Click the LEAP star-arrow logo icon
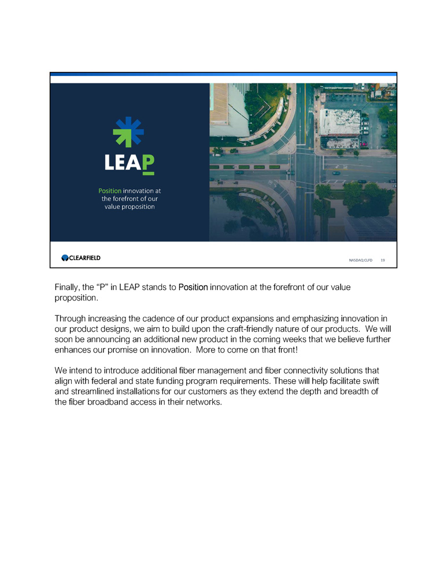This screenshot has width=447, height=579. click(128, 131)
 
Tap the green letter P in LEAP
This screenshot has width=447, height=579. click(148, 163)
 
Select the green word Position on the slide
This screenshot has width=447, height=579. click(110, 190)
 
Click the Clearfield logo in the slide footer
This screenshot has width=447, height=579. click(81, 258)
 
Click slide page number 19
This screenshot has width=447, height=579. click(383, 261)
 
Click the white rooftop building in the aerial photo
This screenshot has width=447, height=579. click(340, 122)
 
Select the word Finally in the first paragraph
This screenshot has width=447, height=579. click(68, 287)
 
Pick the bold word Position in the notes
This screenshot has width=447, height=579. click(193, 287)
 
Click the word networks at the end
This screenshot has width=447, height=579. click(202, 403)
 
